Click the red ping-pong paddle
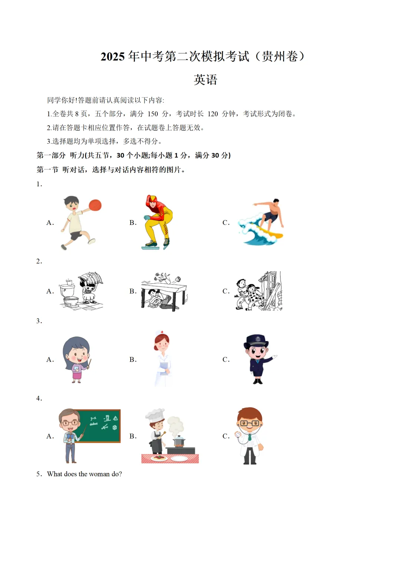(x=95, y=205)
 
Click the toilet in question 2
(x=69, y=294)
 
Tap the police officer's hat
(x=256, y=340)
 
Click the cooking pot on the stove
(x=179, y=441)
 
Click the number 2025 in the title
(x=113, y=57)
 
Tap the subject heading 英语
(x=206, y=80)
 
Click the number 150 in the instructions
(x=153, y=114)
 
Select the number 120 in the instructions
(x=213, y=114)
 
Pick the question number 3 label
(x=39, y=321)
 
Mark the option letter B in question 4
(x=133, y=436)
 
